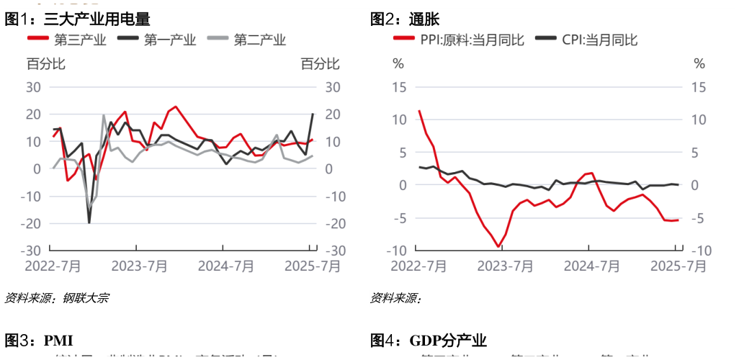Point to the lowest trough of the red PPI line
498,247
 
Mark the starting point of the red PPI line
419,111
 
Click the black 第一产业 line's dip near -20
89,222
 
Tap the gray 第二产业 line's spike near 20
104,115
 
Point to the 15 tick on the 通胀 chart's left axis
400,87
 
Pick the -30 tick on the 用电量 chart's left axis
34,251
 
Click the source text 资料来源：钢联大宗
57,297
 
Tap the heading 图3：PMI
39,340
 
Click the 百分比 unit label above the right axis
319,64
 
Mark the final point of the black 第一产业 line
313,114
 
